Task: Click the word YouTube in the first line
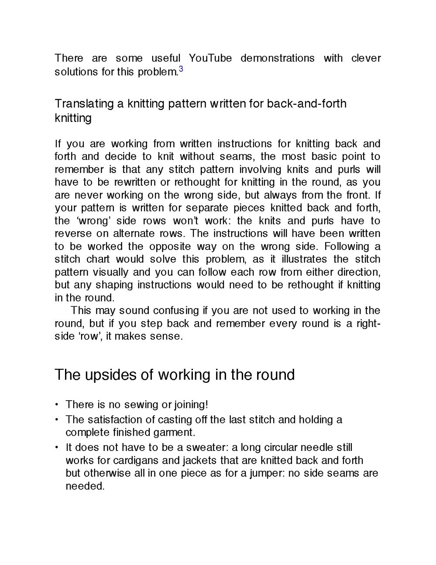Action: [210, 58]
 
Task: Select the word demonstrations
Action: [277, 58]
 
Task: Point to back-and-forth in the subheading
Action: [306, 104]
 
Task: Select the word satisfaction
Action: [115, 420]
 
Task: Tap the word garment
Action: [177, 433]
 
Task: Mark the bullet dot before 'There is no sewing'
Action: [57, 405]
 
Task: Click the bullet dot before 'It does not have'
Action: [57, 447]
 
